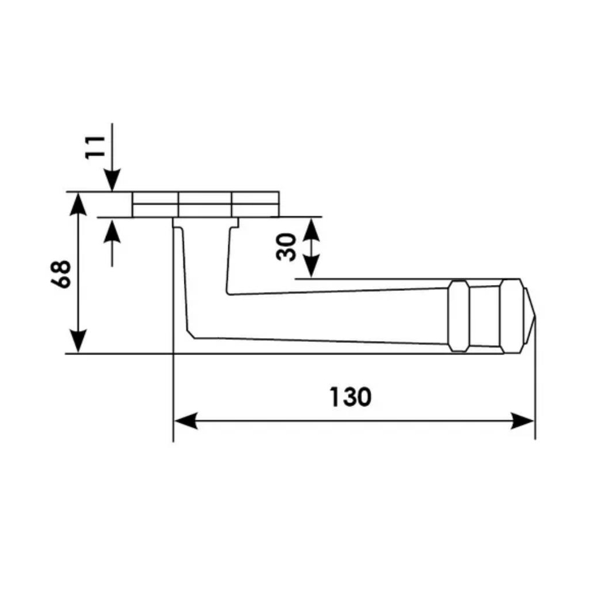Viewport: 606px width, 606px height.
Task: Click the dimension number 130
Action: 350,397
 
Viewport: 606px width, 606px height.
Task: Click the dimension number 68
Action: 61,274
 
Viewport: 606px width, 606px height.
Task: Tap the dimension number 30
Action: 286,247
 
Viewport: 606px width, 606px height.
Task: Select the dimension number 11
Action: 95,147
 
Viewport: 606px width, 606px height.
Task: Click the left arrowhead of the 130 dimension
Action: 186,420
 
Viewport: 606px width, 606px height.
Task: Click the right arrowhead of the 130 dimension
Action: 523,420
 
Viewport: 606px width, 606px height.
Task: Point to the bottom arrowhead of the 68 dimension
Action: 79,341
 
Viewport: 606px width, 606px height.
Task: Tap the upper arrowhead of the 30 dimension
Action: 311,229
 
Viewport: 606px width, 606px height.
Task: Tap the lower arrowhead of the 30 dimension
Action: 311,267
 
